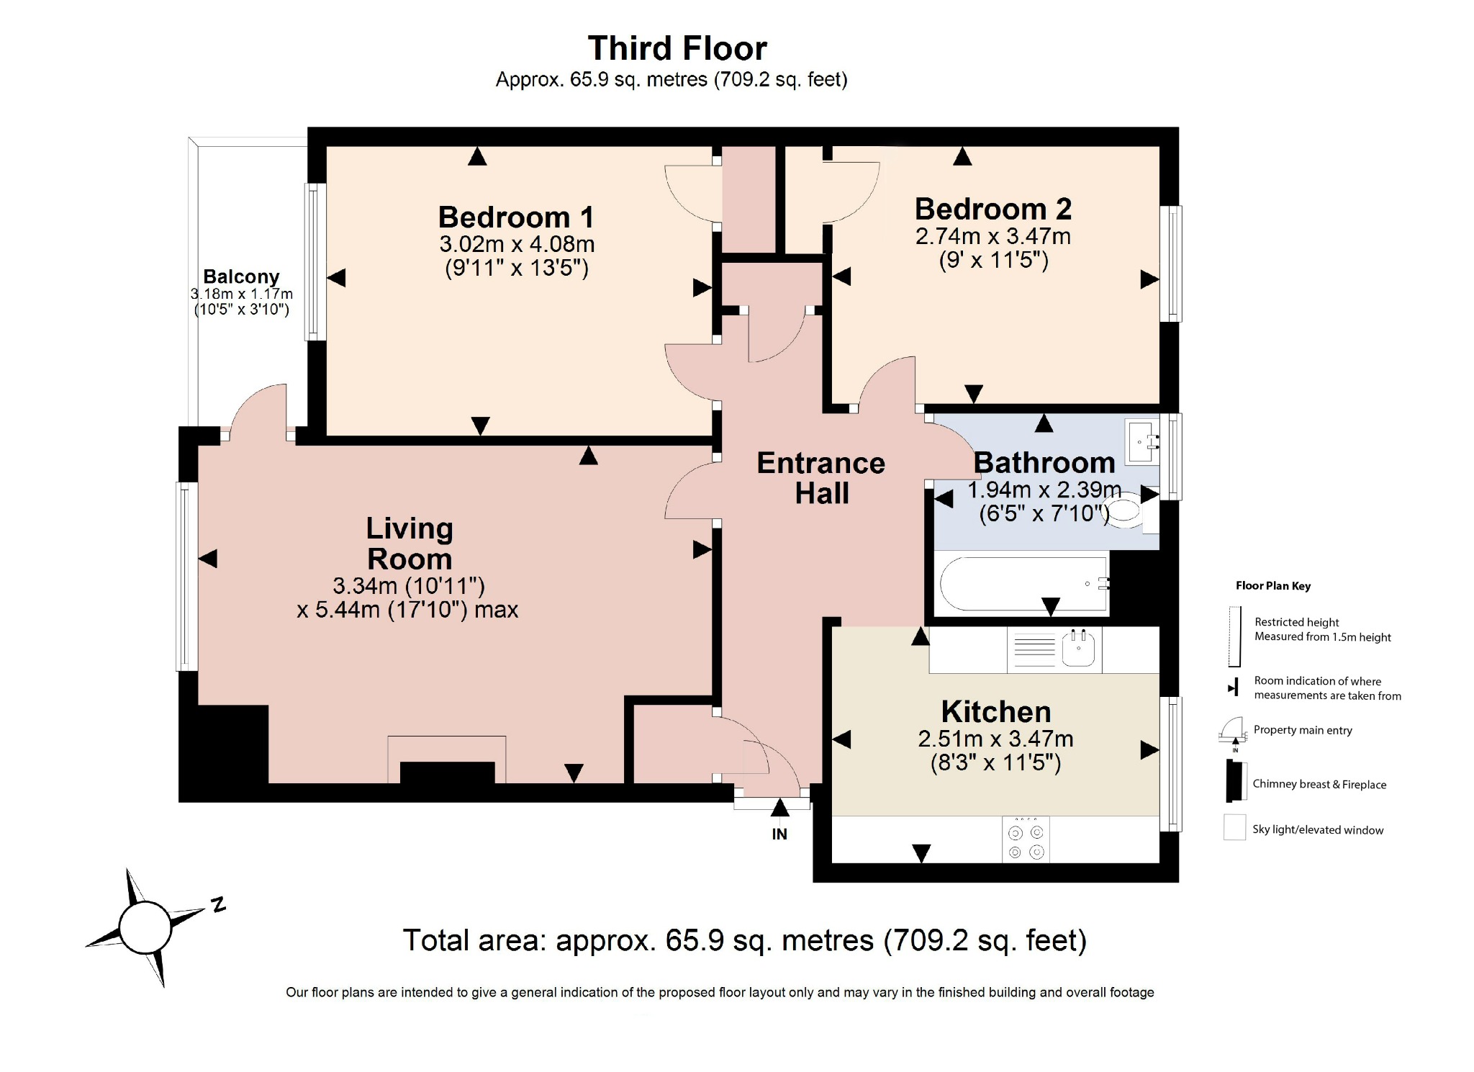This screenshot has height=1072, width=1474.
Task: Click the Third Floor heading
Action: [x=677, y=48]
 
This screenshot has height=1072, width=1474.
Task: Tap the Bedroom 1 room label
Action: [x=516, y=217]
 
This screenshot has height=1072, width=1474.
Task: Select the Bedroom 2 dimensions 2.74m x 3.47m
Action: [x=993, y=236]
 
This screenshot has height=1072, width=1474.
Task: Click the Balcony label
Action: [x=241, y=276]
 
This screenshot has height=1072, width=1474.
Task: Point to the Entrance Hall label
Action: [x=821, y=478]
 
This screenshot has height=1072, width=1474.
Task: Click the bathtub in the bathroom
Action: [x=1022, y=584]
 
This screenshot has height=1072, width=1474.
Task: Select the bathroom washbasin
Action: [x=1142, y=441]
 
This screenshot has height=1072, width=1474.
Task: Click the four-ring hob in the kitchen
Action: [x=1026, y=839]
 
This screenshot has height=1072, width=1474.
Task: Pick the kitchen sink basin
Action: [x=1078, y=649]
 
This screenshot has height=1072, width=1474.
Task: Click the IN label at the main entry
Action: [x=779, y=834]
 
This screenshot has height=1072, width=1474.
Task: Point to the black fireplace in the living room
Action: [x=447, y=772]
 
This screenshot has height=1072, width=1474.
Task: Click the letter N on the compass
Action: [x=219, y=904]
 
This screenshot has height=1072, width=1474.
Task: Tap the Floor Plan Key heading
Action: [x=1272, y=585]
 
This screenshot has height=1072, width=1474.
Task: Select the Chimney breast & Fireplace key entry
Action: [x=1319, y=784]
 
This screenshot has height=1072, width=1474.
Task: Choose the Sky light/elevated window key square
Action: [x=1234, y=827]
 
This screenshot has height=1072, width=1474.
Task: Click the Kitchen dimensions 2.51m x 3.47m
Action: [x=995, y=739]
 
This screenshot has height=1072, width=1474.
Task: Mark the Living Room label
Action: [x=410, y=544]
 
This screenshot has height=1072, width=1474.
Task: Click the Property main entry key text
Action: [x=1302, y=730]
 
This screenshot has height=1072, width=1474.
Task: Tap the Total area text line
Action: [x=744, y=940]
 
